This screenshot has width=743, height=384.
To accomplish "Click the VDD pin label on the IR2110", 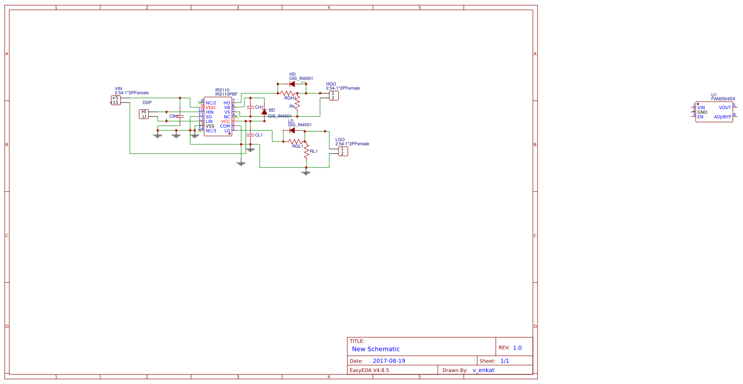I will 211,108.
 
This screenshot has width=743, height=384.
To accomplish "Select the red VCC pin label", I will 225,122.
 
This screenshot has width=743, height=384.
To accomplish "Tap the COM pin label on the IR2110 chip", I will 225,126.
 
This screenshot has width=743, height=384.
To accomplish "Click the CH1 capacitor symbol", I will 250,107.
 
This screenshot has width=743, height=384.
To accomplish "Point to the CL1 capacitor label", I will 259,135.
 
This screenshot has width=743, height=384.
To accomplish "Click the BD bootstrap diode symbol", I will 264,112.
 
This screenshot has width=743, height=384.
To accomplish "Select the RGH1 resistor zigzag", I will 288,93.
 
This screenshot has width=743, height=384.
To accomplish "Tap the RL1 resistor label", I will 314,151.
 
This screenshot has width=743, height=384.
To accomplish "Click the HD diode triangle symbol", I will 292,84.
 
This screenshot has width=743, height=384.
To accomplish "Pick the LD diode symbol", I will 292,130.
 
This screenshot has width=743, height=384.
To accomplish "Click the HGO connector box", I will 333,96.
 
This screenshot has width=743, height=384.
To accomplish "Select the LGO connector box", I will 343,151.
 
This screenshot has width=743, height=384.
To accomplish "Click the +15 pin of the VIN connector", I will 115,102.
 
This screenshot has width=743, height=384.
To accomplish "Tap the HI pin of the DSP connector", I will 144,112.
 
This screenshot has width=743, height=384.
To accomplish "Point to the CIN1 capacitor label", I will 173,116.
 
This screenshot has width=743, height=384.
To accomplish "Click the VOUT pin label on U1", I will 725,108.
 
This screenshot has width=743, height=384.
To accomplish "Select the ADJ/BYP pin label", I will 722,117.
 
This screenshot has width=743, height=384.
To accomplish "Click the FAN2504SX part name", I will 723,99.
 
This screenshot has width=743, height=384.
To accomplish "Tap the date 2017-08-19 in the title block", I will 389,361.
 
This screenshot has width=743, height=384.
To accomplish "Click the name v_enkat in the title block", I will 483,370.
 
